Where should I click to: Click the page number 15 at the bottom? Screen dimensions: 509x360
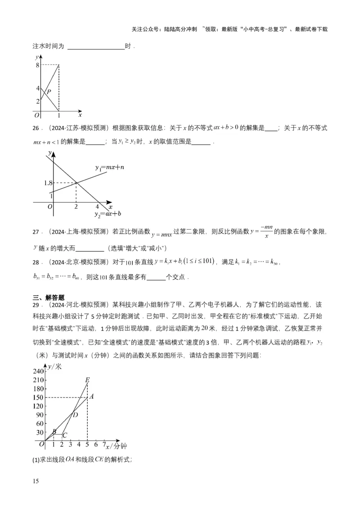pyautogui.click(x=36, y=481)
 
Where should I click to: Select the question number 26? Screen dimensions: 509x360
pyautogui.click(x=36, y=128)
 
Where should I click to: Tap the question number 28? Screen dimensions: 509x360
pyautogui.click(x=36, y=262)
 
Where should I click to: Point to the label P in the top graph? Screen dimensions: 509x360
pyautogui.click(x=49, y=92)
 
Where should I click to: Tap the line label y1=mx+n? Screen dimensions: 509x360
pyautogui.click(x=109, y=167)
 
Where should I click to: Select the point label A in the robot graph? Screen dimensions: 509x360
pyautogui.click(x=91, y=397)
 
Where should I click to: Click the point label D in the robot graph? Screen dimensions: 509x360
pyautogui.click(x=75, y=415)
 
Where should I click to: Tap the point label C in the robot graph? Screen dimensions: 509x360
pyautogui.click(x=65, y=435)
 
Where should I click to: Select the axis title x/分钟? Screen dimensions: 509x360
pyautogui.click(x=116, y=446)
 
